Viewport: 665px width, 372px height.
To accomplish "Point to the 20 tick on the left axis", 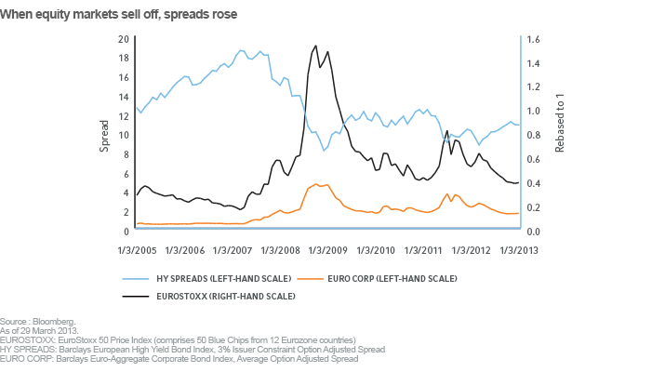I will (x=124, y=39).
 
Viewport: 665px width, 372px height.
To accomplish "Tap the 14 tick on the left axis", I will (x=124, y=97).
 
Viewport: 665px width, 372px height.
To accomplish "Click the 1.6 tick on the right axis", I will (x=534, y=39).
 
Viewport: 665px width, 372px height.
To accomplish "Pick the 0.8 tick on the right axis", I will (x=534, y=135).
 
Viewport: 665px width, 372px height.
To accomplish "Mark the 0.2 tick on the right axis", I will (x=534, y=207).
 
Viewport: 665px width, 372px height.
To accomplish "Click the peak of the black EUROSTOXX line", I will (x=316, y=46).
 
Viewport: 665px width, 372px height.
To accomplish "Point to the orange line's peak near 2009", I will (x=316, y=184).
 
